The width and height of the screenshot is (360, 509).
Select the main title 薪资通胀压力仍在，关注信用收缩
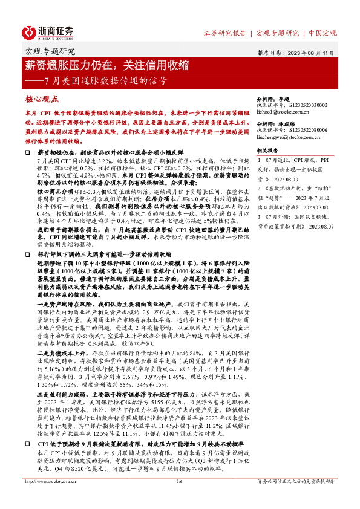(106, 65)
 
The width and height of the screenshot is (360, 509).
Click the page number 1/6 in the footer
(179, 498)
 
